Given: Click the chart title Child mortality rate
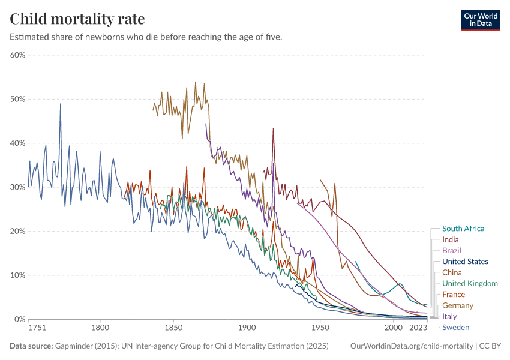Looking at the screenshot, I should pyautogui.click(x=77, y=19).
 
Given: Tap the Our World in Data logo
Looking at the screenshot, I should pyautogui.click(x=480, y=19).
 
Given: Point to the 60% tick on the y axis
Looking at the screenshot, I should pyautogui.click(x=17, y=55).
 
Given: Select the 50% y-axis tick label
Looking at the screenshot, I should pyautogui.click(x=17, y=99).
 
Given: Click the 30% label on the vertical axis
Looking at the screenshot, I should pyautogui.click(x=17, y=187).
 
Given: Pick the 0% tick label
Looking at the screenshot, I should pyautogui.click(x=19, y=319).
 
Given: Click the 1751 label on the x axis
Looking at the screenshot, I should pyautogui.click(x=37, y=328).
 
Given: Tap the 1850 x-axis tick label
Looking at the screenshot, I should pyautogui.click(x=173, y=328).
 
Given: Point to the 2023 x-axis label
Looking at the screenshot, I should pyautogui.click(x=418, y=328).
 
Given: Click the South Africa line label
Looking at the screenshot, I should pyautogui.click(x=463, y=229).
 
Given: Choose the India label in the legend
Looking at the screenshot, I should pyautogui.click(x=450, y=239).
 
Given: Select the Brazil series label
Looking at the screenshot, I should pyautogui.click(x=451, y=250).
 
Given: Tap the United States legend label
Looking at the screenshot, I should pyautogui.click(x=465, y=262).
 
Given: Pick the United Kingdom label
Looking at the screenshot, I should pyautogui.click(x=470, y=283).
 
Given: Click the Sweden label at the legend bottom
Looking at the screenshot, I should pyautogui.click(x=455, y=327).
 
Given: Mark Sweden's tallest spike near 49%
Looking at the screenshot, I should pyautogui.click(x=60, y=104).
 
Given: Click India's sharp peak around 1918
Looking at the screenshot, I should pyautogui.click(x=273, y=128).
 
